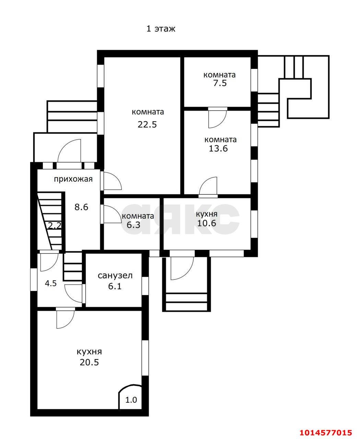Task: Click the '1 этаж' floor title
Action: tap(161, 29)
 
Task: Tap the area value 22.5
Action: tap(147, 125)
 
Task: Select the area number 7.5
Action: tap(220, 83)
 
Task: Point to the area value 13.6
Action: tap(218, 149)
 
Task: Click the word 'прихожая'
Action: tap(73, 179)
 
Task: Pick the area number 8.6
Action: tap(81, 207)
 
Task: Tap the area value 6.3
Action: tap(133, 225)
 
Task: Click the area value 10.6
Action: tap(207, 223)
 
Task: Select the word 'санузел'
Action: tap(115, 276)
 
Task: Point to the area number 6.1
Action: tap(115, 286)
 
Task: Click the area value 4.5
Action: tap(51, 283)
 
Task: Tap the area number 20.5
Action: tap(89, 363)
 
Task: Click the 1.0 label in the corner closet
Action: tap(131, 400)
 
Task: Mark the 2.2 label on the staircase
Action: tap(54, 226)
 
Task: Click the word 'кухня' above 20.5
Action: tap(89, 352)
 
